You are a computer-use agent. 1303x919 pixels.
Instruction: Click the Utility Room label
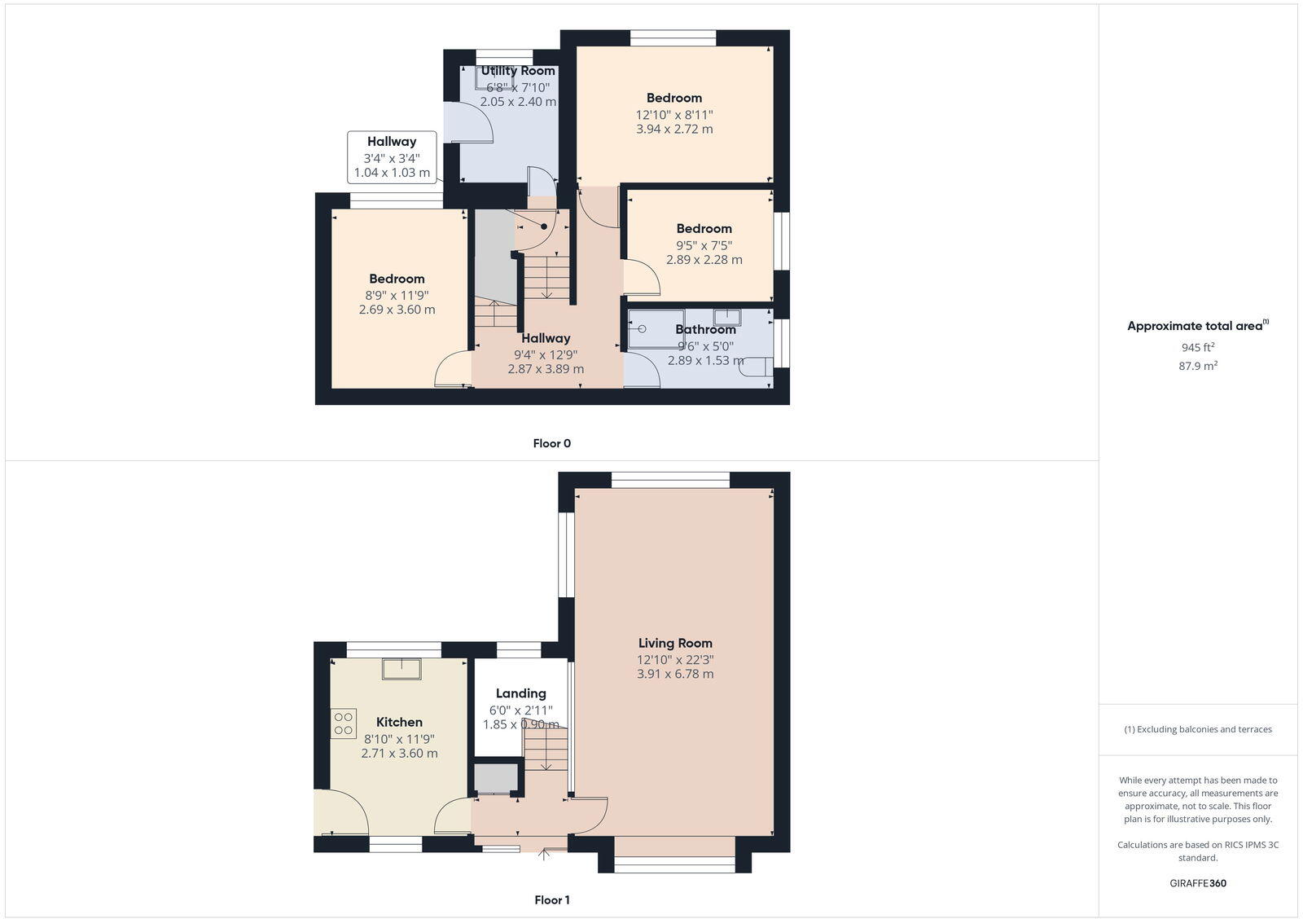tap(518, 71)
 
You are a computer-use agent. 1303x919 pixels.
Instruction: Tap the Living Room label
tap(675, 644)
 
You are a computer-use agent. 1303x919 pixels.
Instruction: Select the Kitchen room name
tap(399, 723)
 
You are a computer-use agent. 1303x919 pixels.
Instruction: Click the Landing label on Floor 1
tap(521, 694)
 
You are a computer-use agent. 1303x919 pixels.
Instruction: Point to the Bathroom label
tap(705, 330)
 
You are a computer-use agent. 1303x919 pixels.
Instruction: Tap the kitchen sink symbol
tap(401, 668)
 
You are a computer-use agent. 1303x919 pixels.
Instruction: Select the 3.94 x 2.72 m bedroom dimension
tap(674, 130)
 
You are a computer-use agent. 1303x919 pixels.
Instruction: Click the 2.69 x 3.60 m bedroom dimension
tap(397, 310)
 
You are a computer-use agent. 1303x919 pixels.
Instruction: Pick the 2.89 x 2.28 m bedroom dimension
tap(704, 260)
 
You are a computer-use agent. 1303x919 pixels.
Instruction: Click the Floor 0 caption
tap(551, 444)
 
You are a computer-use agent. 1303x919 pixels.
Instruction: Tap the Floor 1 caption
tap(551, 900)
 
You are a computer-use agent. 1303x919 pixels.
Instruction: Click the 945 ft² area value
tap(1198, 348)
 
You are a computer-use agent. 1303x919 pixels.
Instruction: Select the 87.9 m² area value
tap(1198, 367)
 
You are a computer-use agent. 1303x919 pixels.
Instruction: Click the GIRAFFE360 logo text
tap(1198, 883)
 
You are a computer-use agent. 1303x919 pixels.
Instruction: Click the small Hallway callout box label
tap(391, 142)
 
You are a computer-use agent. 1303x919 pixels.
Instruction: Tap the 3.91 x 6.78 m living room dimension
tap(675, 675)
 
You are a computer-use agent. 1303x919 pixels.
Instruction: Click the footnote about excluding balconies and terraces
tap(1198, 730)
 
